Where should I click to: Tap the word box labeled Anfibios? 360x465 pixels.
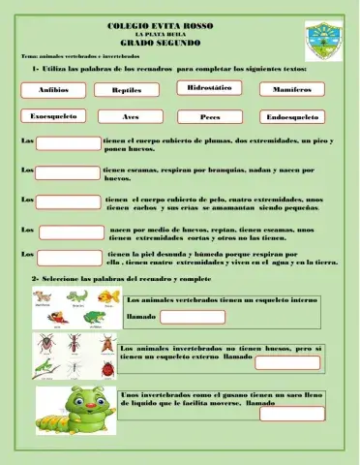(x=53, y=89)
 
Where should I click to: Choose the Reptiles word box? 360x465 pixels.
(x=127, y=90)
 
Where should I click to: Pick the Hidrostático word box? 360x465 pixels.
(x=209, y=88)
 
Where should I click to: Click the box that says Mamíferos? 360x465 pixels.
(x=291, y=89)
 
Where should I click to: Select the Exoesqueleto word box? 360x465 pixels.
(x=54, y=116)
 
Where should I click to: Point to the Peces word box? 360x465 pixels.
(x=210, y=117)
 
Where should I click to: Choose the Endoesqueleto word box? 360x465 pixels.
(x=292, y=117)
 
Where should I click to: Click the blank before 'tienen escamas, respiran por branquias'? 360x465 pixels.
(x=68, y=174)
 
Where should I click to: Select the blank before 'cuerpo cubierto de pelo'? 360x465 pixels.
(x=70, y=203)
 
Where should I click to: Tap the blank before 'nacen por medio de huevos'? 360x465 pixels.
(x=71, y=232)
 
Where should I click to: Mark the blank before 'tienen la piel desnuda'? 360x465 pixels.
(x=70, y=258)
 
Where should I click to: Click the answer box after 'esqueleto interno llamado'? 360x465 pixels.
(x=192, y=316)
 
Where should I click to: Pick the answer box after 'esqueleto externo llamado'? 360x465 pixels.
(x=286, y=362)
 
